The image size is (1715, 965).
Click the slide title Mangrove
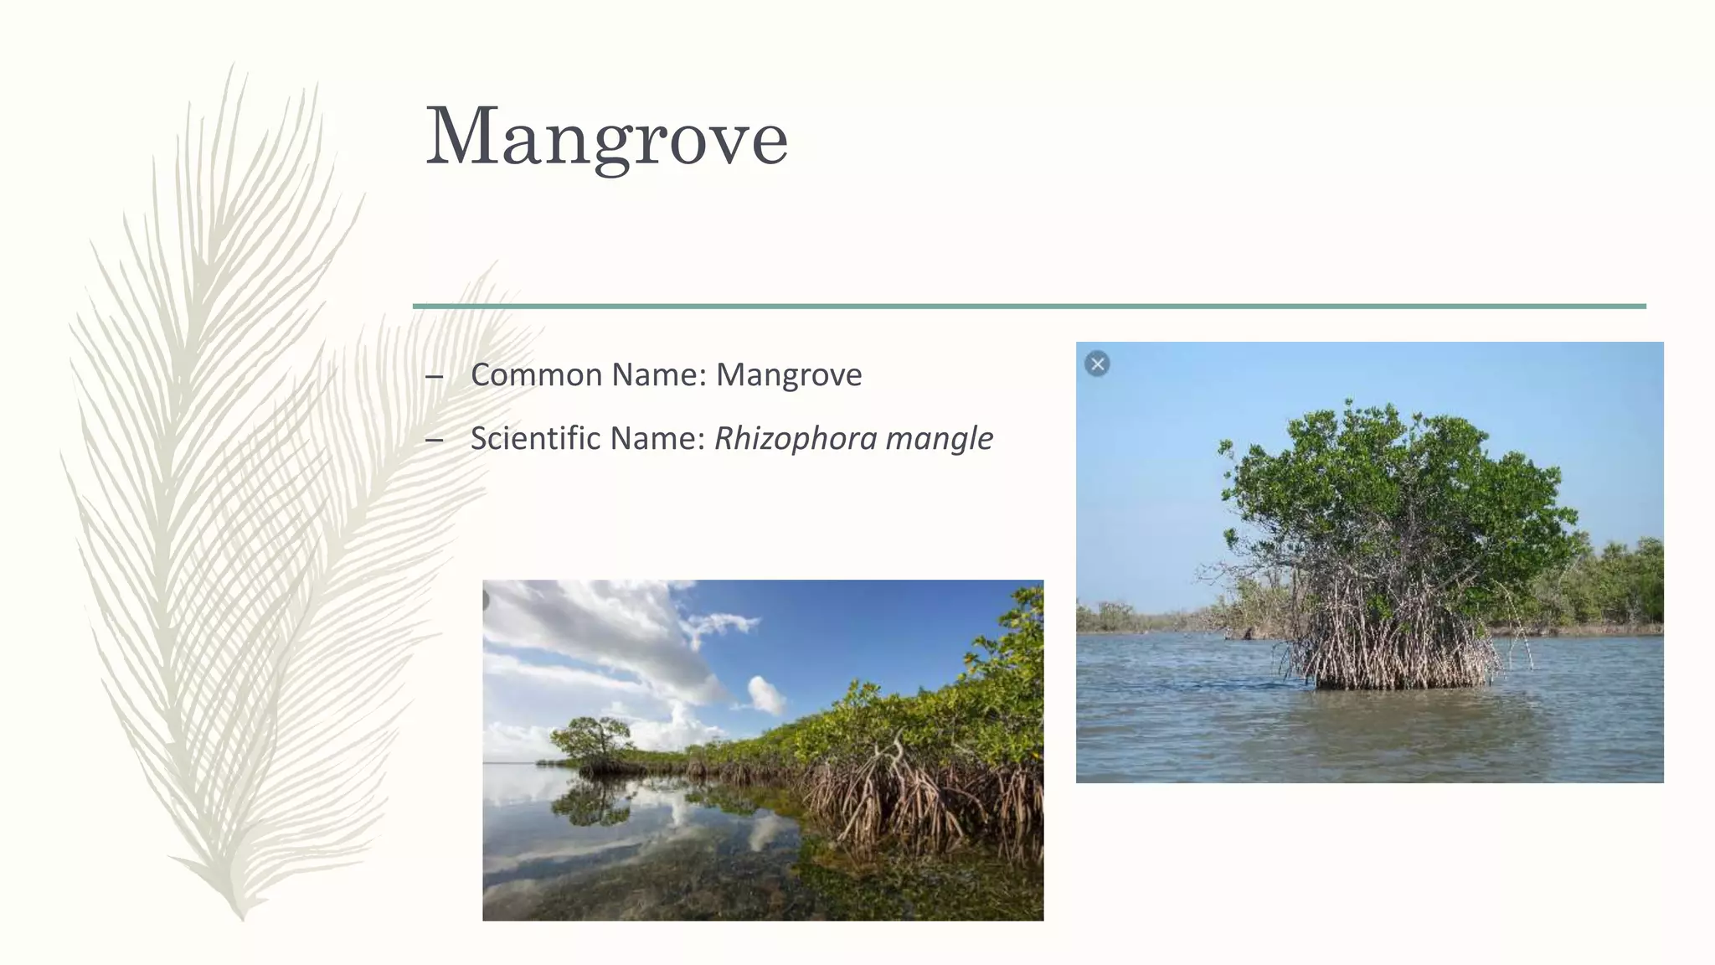[606, 137]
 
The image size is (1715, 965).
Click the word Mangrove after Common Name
[788, 374]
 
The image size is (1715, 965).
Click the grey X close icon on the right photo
[1097, 364]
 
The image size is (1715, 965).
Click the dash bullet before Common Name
[434, 376]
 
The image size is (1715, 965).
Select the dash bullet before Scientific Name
[434, 440]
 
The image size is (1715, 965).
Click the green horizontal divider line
[1028, 306]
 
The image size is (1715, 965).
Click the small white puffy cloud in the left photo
[765, 694]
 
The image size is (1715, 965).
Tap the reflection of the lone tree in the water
[590, 800]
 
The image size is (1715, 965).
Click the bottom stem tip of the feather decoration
[241, 915]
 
